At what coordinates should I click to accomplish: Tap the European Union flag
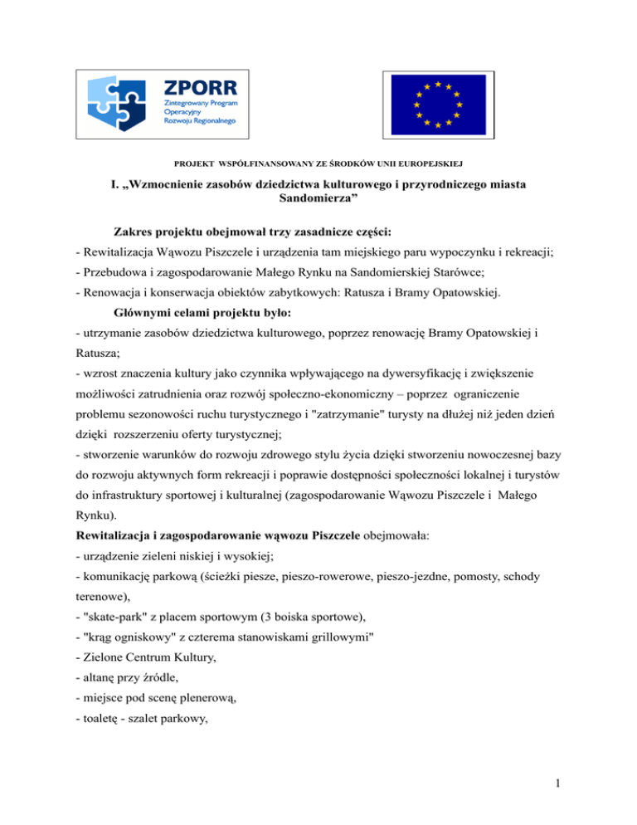[x=437, y=104]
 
